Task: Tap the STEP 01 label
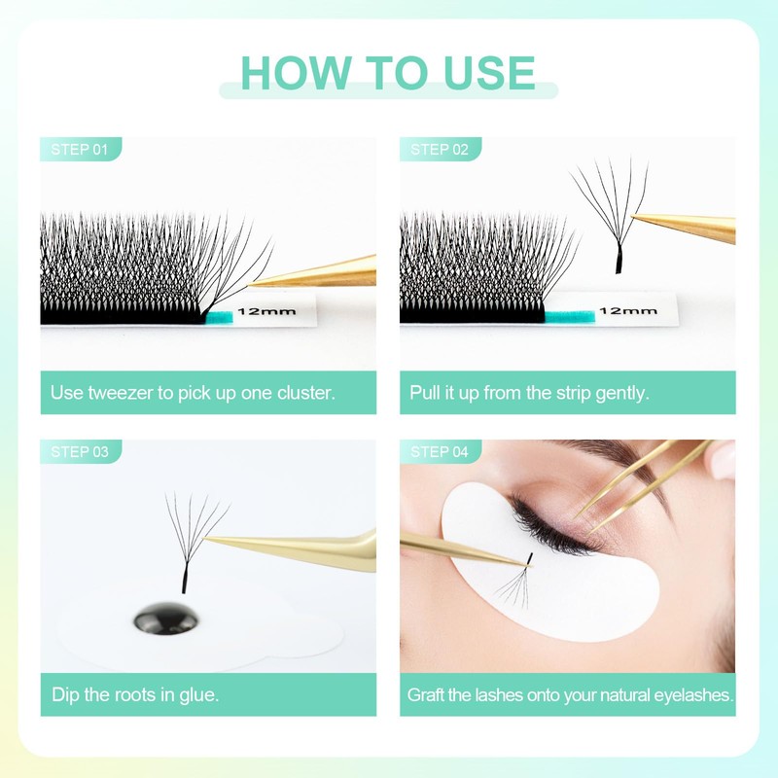tap(79, 149)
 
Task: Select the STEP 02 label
tap(439, 149)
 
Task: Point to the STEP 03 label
tap(79, 451)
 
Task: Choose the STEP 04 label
tap(439, 451)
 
